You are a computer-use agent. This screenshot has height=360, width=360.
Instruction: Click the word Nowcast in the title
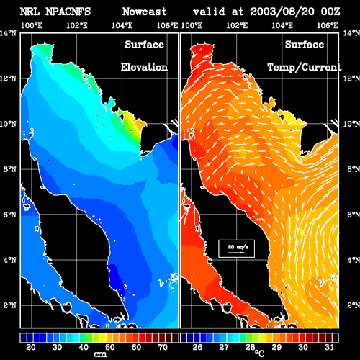(x=145, y=12)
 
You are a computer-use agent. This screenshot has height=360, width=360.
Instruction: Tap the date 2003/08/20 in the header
(x=282, y=12)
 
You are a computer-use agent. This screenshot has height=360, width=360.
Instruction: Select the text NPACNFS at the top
(x=68, y=12)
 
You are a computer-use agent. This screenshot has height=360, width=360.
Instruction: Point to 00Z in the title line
(x=330, y=12)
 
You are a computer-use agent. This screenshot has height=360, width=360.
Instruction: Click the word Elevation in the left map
(x=144, y=67)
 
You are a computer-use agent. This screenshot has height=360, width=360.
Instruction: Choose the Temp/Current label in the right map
(x=305, y=67)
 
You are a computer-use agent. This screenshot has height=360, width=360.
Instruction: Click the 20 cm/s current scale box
(x=236, y=248)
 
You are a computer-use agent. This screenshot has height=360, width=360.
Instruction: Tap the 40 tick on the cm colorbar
(x=84, y=347)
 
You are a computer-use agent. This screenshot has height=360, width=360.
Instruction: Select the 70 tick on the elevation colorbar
(x=163, y=347)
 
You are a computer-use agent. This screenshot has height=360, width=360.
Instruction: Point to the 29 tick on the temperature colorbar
(x=276, y=347)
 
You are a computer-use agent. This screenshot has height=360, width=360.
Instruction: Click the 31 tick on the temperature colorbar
(x=329, y=347)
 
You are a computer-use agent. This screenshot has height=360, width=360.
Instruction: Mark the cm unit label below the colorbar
(x=100, y=354)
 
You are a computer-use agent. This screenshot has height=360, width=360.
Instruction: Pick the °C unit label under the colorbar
(x=259, y=354)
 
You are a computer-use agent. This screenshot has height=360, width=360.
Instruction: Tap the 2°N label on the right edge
(x=354, y=305)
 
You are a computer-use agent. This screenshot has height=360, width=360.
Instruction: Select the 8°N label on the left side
(x=10, y=169)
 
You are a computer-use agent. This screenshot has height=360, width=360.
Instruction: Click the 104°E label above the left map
(x=122, y=25)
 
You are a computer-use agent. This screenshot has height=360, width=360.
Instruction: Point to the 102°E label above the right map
(x=237, y=25)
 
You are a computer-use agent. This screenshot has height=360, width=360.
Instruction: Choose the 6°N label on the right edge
(x=354, y=215)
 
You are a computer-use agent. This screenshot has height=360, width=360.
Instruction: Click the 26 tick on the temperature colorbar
(x=197, y=347)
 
